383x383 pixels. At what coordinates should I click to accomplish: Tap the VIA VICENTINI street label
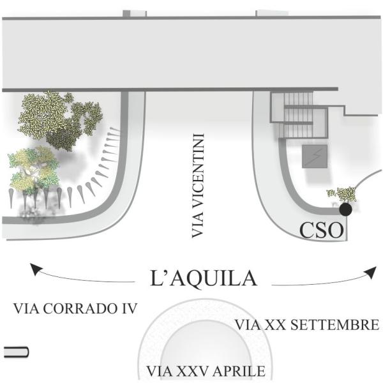click(x=198, y=186)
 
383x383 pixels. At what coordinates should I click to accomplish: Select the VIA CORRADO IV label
click(x=75, y=310)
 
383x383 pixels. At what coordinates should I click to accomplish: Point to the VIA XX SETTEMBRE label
click(x=308, y=325)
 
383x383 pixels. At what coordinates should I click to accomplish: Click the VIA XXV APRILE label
click(x=205, y=372)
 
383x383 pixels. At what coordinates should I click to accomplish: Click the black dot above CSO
click(x=345, y=209)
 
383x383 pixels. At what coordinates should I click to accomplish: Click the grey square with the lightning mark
click(x=314, y=157)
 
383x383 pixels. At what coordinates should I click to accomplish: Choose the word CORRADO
click(x=82, y=310)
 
